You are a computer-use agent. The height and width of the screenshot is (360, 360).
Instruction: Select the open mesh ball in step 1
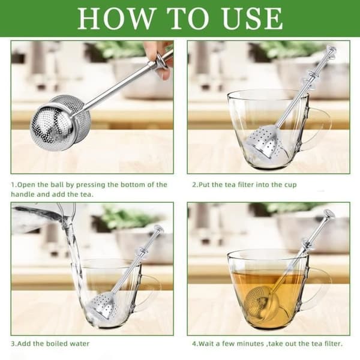[x=60, y=122]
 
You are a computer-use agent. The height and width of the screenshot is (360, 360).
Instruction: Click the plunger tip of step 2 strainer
[x=331, y=51]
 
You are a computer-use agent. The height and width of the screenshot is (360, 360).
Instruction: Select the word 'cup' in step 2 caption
[x=290, y=185]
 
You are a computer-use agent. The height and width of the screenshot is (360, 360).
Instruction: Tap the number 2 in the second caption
[x=194, y=185]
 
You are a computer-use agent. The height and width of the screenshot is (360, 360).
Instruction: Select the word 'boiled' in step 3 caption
[x=57, y=344]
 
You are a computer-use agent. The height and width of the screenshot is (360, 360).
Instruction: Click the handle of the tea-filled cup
[x=320, y=290]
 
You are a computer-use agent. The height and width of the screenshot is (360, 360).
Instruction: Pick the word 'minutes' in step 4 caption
[x=250, y=344]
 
